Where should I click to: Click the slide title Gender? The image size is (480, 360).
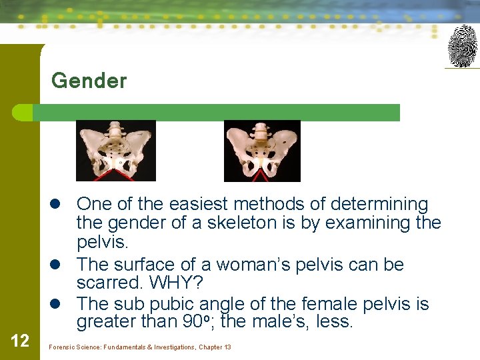coord(89,81)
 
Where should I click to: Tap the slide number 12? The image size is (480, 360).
coord(20,341)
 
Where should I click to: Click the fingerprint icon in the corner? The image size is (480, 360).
coord(462,46)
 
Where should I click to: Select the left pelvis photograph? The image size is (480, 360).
coord(115,151)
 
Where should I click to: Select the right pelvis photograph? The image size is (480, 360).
coord(262,151)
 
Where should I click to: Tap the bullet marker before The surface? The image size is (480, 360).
coord(61,265)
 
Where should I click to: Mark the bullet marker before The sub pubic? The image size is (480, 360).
coord(61,305)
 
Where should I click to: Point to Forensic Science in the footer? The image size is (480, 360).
coord(73,347)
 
